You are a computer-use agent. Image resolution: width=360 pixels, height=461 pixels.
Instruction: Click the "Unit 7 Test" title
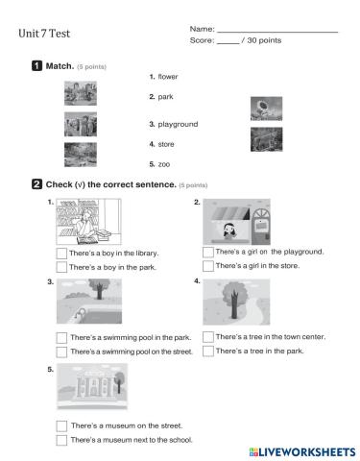pyautogui.click(x=44, y=34)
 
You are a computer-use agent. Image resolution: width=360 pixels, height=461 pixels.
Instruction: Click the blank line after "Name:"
pyautogui.click(x=277, y=32)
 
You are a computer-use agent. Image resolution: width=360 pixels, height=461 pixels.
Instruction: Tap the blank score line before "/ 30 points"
pyautogui.click(x=228, y=43)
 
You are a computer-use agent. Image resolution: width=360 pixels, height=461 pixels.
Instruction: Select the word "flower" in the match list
pyautogui.click(x=168, y=77)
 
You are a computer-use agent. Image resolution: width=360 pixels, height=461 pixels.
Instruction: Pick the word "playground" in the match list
pyautogui.click(x=178, y=124)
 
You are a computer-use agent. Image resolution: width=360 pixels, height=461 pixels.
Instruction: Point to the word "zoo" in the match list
pyautogui.click(x=164, y=164)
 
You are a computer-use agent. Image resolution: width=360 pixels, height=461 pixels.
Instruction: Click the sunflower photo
pyautogui.click(x=266, y=109)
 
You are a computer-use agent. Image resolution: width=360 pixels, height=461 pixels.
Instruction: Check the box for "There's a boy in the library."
pyautogui.click(x=61, y=254)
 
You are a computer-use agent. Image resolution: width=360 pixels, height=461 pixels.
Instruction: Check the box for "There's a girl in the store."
pyautogui.click(x=208, y=266)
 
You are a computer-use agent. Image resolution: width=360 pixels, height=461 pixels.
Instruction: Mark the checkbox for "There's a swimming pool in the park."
pyautogui.click(x=61, y=338)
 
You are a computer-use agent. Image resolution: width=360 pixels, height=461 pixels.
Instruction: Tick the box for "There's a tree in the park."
pyautogui.click(x=208, y=351)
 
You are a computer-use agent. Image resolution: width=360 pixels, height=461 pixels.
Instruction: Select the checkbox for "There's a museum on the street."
pyautogui.click(x=61, y=426)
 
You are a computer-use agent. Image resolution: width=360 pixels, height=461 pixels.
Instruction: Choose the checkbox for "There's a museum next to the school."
pyautogui.click(x=61, y=440)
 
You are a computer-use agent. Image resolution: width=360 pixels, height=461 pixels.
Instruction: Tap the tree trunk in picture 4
pyautogui.click(x=234, y=304)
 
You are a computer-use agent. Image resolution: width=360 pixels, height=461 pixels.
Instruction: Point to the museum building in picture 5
pyautogui.click(x=94, y=384)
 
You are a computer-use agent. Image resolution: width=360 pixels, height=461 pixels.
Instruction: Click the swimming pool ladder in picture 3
pyautogui.click(x=80, y=313)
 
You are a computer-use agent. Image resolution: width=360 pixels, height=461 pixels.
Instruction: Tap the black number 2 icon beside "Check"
pyautogui.click(x=36, y=184)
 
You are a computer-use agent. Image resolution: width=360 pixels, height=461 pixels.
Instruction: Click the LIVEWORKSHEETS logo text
pyautogui.click(x=302, y=452)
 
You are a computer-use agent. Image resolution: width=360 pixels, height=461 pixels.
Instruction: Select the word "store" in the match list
pyautogui.click(x=166, y=144)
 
